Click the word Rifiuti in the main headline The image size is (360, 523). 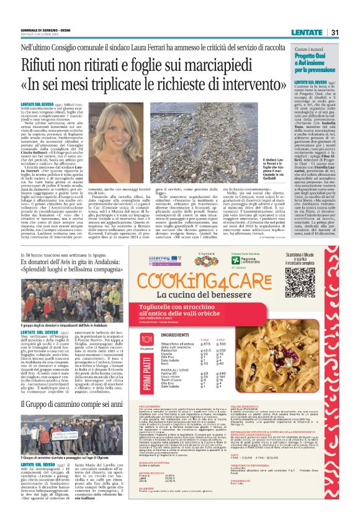point(55,63)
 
